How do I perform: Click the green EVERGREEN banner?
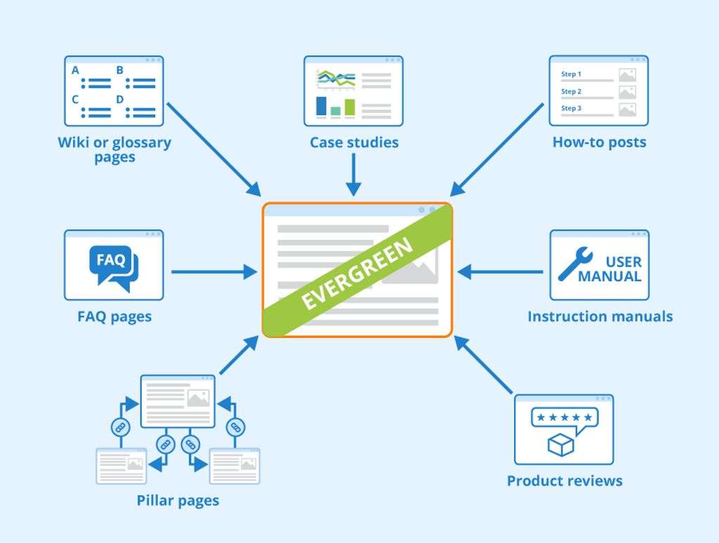click(357, 275)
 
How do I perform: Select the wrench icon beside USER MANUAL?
click(574, 265)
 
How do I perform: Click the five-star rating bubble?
click(564, 418)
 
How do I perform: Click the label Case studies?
click(354, 142)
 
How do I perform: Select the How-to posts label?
click(599, 142)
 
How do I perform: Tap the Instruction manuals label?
click(600, 316)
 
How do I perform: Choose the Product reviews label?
click(565, 481)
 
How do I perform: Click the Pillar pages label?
click(178, 500)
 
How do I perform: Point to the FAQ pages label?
click(114, 316)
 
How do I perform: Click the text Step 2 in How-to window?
click(571, 92)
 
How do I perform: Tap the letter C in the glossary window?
click(75, 100)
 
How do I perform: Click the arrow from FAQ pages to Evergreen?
click(213, 271)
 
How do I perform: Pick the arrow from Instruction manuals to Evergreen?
click(500, 271)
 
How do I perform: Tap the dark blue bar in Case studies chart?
click(322, 105)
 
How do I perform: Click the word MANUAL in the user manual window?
click(609, 276)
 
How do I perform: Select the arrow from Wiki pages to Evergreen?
click(213, 149)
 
